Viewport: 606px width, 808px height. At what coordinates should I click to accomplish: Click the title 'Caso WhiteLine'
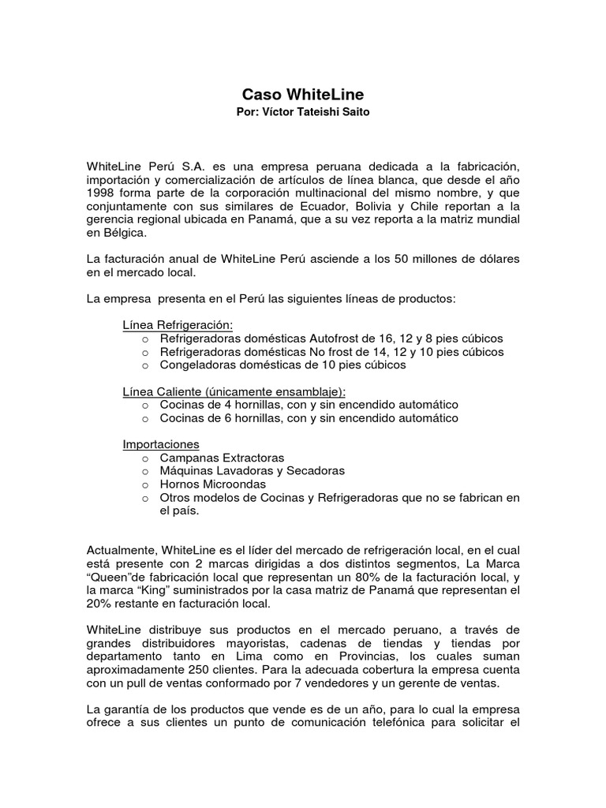302,95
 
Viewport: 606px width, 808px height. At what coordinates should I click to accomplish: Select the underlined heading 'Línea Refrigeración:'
178,325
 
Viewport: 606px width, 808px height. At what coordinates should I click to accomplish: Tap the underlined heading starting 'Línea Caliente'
234,391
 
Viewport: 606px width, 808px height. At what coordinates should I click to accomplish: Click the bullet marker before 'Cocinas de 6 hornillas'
145,418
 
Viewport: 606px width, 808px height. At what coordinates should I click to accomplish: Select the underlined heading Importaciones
161,444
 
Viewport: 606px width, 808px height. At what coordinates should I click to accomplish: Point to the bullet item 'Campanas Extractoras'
222,458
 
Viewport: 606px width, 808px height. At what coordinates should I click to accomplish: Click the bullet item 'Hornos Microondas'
212,484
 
